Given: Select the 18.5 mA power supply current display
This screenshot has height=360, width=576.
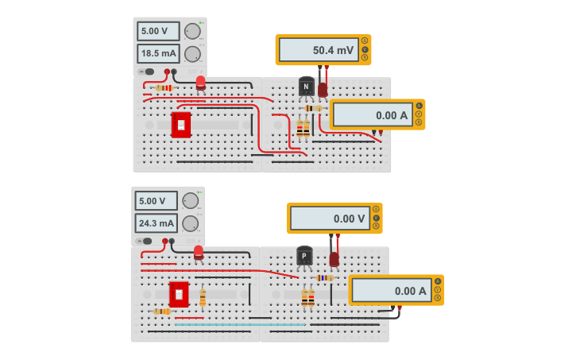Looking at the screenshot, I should coord(158,53).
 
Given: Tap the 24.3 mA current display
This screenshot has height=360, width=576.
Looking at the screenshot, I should coord(156,223).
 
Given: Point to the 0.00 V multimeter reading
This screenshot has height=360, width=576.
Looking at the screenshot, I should coord(329,218).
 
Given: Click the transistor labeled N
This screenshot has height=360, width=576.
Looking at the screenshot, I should coord(306,87).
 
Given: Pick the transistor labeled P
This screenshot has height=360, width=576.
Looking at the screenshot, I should coord(304,256).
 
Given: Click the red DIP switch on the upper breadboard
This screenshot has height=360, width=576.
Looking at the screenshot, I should coord(181,125).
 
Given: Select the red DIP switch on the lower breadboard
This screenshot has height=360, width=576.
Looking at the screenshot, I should coord(179,294).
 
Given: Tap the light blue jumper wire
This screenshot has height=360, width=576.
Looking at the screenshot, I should coord(238,324).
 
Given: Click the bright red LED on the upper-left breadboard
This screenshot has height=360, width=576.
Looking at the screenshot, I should coord(200,82).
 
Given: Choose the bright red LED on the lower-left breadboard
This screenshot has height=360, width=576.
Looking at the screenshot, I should coord(199,252).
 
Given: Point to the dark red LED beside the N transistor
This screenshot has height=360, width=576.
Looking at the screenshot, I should coord(323,89).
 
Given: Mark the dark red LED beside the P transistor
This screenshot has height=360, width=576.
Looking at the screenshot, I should coord(334,258).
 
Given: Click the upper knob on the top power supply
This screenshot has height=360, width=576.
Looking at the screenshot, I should coord(192,31).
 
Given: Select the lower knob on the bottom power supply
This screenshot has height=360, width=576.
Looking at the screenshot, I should coord(190,223).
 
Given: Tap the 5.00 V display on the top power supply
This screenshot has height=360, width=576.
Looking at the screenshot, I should coord(158,31).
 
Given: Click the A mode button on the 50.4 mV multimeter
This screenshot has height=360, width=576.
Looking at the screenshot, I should coord(365,41).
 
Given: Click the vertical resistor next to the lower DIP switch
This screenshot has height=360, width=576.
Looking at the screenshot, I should coord(203,297).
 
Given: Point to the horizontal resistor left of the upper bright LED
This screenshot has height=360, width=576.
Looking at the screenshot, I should coord(164,87).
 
